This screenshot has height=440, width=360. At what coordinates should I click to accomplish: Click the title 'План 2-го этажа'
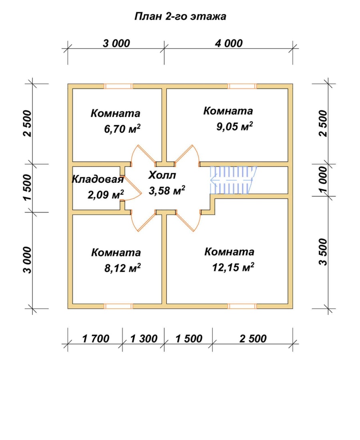point(180,16)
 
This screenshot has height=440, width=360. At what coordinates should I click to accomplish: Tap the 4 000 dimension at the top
point(229,43)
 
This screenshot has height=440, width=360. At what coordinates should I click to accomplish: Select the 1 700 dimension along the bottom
point(96,338)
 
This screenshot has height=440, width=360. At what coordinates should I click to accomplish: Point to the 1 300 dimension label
point(144,338)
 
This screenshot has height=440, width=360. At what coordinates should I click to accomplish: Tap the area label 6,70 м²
point(122,129)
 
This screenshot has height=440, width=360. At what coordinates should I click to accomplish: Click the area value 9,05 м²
point(234,126)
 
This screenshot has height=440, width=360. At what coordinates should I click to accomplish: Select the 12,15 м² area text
point(233,267)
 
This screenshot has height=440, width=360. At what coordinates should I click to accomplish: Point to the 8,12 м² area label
point(123,268)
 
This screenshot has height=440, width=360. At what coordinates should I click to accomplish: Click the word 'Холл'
point(162,175)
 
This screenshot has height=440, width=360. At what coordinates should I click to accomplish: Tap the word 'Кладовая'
point(98,179)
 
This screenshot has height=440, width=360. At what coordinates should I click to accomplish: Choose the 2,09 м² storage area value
point(106,194)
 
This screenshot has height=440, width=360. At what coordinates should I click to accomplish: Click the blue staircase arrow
point(230,180)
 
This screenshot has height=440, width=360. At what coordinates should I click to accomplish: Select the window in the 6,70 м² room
point(118,86)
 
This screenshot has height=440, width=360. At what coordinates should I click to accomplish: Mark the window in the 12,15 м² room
point(242,306)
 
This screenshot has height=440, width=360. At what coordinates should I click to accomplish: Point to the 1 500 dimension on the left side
point(28,188)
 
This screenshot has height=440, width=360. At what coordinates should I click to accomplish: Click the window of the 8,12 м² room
point(118,306)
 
